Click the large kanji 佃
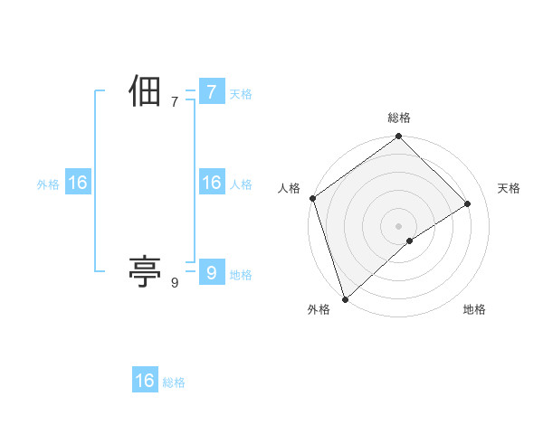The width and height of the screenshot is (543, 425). (145, 92)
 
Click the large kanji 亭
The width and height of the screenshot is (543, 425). (145, 270)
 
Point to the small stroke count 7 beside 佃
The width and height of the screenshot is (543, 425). (175, 102)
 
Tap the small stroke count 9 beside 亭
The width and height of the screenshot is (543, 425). (175, 283)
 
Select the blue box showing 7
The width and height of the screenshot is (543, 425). (211, 91)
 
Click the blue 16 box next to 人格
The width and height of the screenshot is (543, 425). (211, 183)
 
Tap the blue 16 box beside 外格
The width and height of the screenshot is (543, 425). (78, 183)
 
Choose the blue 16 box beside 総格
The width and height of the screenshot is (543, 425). (145, 381)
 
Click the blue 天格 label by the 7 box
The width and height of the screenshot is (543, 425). (241, 94)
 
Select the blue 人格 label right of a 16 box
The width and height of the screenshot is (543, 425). (241, 184)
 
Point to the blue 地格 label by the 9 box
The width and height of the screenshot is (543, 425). (241, 275)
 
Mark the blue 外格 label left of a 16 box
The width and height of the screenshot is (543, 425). (48, 184)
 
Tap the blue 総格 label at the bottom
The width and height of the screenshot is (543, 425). (174, 382)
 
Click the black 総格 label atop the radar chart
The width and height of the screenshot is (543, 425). (399, 118)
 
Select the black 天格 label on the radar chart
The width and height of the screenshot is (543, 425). (509, 188)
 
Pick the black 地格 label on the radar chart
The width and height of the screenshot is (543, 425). (474, 309)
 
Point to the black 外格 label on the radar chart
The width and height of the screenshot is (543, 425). (319, 309)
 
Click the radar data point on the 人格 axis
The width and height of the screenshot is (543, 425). (312, 198)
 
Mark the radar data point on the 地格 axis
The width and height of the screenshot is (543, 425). (410, 241)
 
